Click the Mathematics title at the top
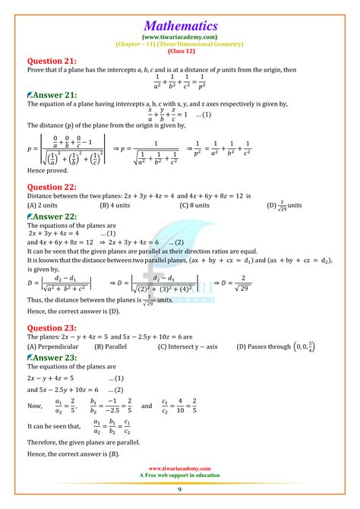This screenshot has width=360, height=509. tap(179, 25)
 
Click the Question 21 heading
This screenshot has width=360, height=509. tap(54, 60)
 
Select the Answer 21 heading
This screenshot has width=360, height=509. tap(52, 94)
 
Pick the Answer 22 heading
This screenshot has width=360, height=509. tap(52, 216)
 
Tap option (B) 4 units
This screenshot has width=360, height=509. tap(118, 205)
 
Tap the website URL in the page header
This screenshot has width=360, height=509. tap(179, 36)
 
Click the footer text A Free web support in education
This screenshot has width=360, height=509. tap(180, 476)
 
